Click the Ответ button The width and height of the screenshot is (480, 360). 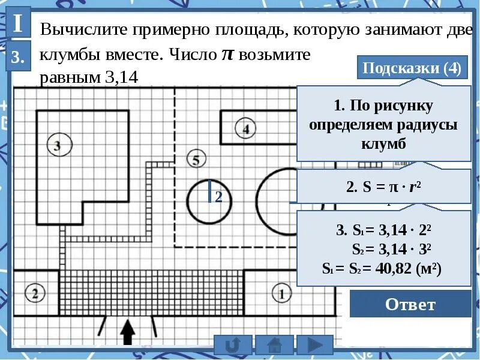click(x=410, y=304)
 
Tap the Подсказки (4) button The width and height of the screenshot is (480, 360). click(x=412, y=68)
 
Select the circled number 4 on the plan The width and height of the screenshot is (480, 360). click(x=245, y=128)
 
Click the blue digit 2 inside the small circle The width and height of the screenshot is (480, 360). click(x=218, y=197)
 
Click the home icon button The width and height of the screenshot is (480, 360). click(x=274, y=345)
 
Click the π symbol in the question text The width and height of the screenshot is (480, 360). click(x=227, y=55)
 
